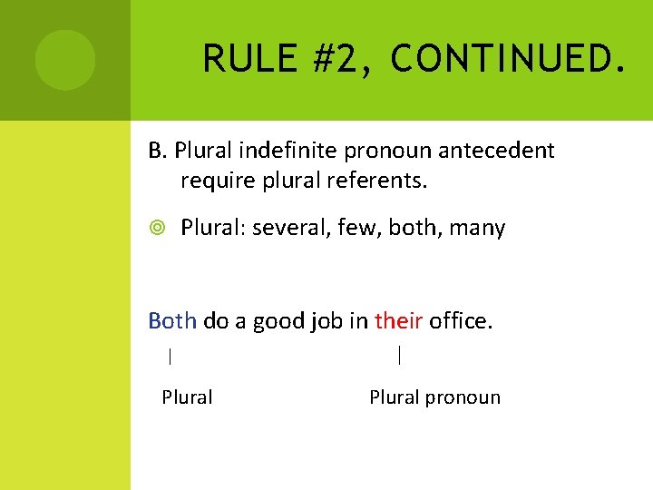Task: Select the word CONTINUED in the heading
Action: (506, 59)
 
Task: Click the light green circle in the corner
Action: (65, 60)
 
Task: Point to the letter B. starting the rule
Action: (158, 150)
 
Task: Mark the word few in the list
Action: (361, 228)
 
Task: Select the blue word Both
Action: (172, 320)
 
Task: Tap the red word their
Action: (398, 320)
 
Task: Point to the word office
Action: (461, 320)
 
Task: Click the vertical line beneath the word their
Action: (400, 355)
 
